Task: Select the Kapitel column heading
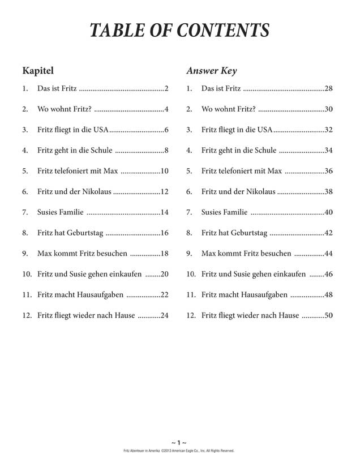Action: [37, 71]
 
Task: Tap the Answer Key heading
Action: [211, 71]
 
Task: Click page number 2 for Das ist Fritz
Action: [167, 89]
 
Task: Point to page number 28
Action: [328, 89]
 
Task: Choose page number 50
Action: [328, 315]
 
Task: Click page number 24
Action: [165, 315]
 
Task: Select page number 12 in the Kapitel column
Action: [165, 192]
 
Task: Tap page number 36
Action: [328, 171]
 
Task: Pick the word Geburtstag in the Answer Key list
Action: [250, 233]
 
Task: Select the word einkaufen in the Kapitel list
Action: [126, 274]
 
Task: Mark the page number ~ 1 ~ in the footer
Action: [179, 442]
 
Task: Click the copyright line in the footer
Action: [179, 450]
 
